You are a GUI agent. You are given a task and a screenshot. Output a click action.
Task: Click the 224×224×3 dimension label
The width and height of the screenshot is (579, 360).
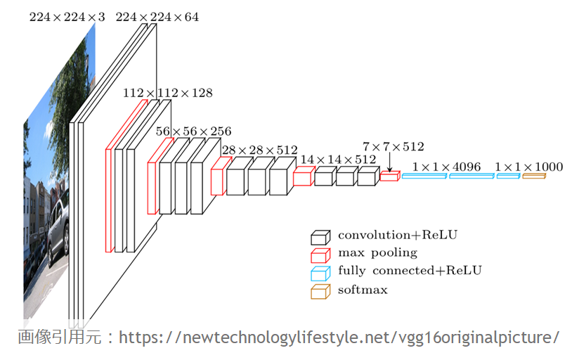click(67, 17)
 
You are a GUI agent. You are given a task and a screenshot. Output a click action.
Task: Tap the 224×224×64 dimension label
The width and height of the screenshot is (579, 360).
click(157, 17)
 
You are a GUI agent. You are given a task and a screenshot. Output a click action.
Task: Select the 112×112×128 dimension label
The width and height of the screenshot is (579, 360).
click(167, 93)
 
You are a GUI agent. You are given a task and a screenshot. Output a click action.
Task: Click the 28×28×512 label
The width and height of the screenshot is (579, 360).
click(259, 150)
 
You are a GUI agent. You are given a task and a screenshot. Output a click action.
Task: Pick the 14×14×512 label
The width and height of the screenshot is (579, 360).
click(338, 160)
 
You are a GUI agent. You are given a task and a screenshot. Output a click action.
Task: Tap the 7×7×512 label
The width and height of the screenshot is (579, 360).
click(393, 147)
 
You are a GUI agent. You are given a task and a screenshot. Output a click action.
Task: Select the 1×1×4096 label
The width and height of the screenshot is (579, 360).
click(446, 167)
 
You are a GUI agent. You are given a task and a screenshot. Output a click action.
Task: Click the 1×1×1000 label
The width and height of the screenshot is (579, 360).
click(528, 167)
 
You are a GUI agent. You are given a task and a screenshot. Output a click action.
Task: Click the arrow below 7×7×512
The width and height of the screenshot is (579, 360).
click(389, 162)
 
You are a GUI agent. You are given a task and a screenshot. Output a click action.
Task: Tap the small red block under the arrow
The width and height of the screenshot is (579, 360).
click(389, 176)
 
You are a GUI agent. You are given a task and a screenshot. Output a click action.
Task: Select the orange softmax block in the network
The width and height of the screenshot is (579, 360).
click(533, 176)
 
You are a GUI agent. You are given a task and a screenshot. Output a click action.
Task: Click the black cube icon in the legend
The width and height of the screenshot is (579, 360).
click(321, 237)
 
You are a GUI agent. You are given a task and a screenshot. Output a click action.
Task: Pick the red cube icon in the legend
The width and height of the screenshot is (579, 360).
click(321, 255)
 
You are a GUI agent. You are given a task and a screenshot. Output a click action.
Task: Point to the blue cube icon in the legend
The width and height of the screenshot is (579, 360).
click(321, 273)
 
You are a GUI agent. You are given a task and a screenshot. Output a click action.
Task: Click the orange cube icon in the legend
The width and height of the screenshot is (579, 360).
click(321, 291)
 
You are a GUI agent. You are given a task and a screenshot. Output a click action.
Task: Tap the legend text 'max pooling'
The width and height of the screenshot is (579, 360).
click(377, 252)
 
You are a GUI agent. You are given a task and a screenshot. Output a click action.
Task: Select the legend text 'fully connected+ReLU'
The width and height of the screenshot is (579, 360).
click(410, 270)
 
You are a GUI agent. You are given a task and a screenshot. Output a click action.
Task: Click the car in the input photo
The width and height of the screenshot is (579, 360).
click(58, 229)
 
